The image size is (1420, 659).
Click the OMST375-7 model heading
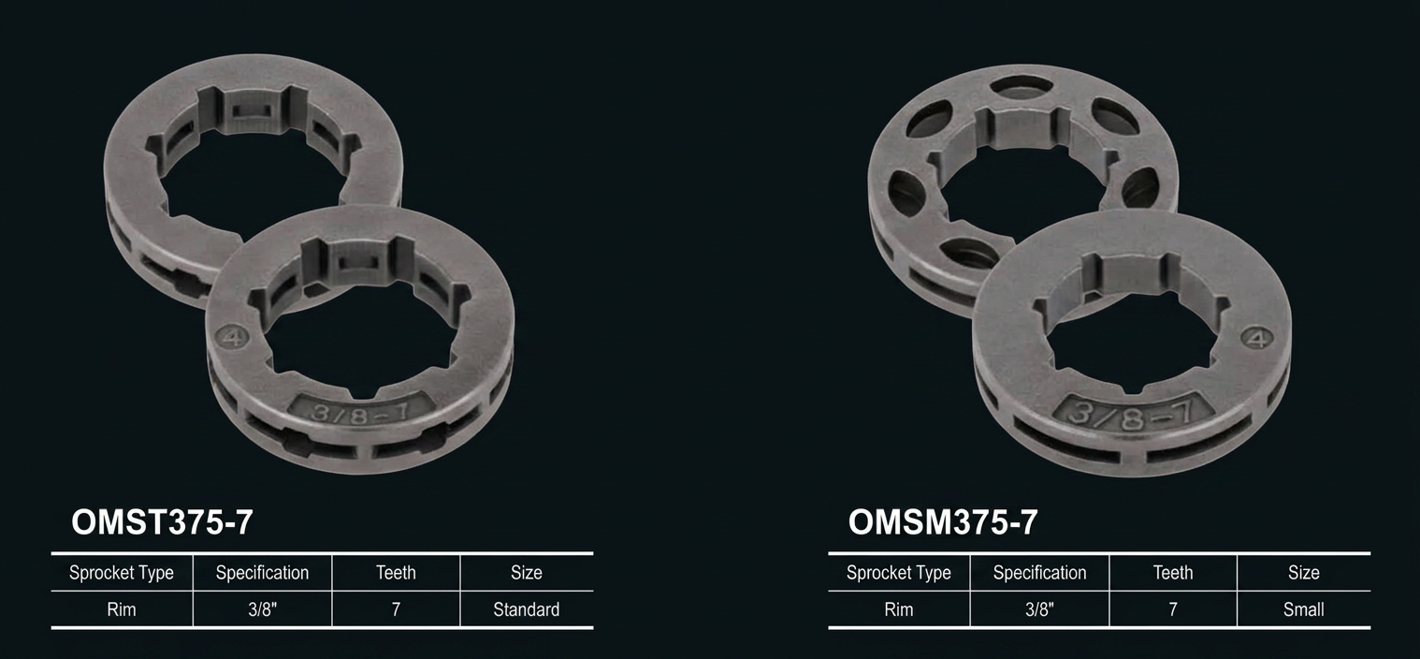point(162,522)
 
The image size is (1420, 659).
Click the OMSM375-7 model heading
point(943,522)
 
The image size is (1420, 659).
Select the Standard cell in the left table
point(526,609)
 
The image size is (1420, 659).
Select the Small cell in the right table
point(1303,609)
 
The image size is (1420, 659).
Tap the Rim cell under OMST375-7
point(121,609)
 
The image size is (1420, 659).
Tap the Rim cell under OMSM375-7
point(898,609)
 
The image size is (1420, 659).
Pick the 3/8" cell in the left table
point(263,609)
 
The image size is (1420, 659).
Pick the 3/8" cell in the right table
point(1039,609)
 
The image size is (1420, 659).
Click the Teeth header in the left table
point(397,573)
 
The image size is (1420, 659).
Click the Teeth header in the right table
point(1173,573)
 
